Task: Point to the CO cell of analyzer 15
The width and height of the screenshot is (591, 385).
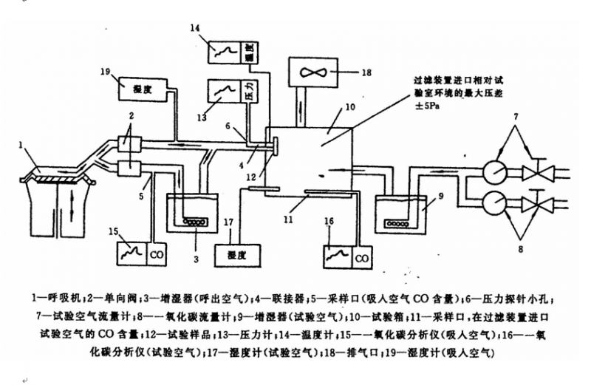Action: point(156,254)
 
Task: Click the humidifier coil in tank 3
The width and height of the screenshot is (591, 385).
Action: point(194,221)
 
